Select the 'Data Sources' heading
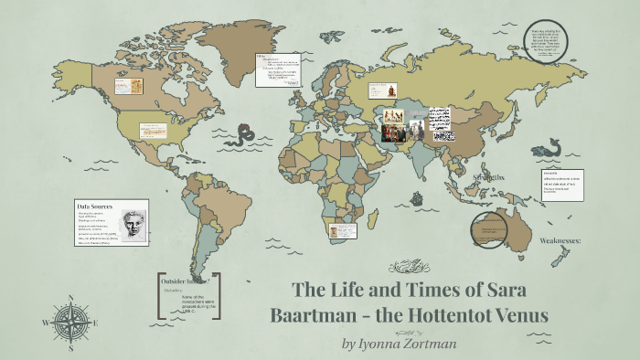click(95, 206)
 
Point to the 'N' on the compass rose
click(70, 298)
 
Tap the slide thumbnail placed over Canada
click(124, 86)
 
